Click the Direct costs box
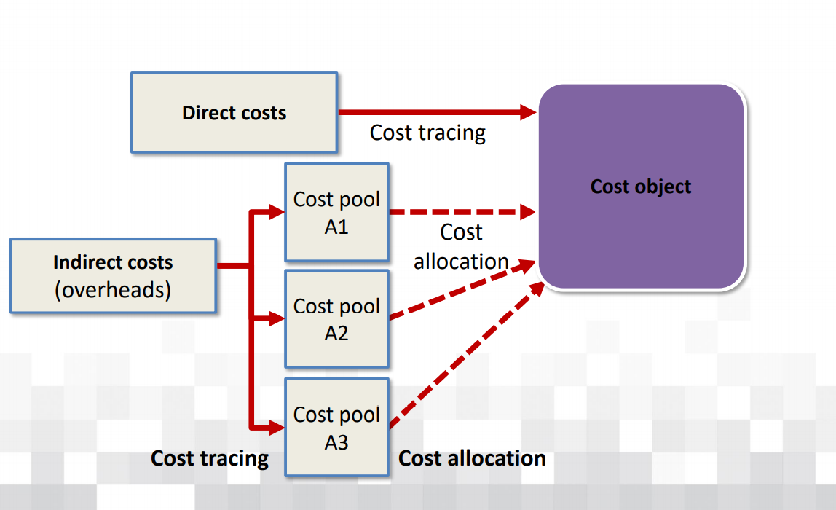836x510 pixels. (234, 112)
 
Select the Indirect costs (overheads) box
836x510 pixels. (113, 275)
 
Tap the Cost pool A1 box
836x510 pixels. (336, 212)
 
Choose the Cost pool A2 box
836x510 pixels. (336, 319)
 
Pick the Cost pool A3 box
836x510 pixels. (336, 427)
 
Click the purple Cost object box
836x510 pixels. (641, 187)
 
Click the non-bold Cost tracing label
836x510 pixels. (427, 133)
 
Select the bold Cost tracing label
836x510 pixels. (210, 458)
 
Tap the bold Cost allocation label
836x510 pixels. (472, 458)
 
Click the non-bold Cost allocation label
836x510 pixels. (461, 246)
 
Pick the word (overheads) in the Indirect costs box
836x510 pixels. (113, 290)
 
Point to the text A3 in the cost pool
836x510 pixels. (336, 442)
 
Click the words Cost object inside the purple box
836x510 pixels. (641, 187)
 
